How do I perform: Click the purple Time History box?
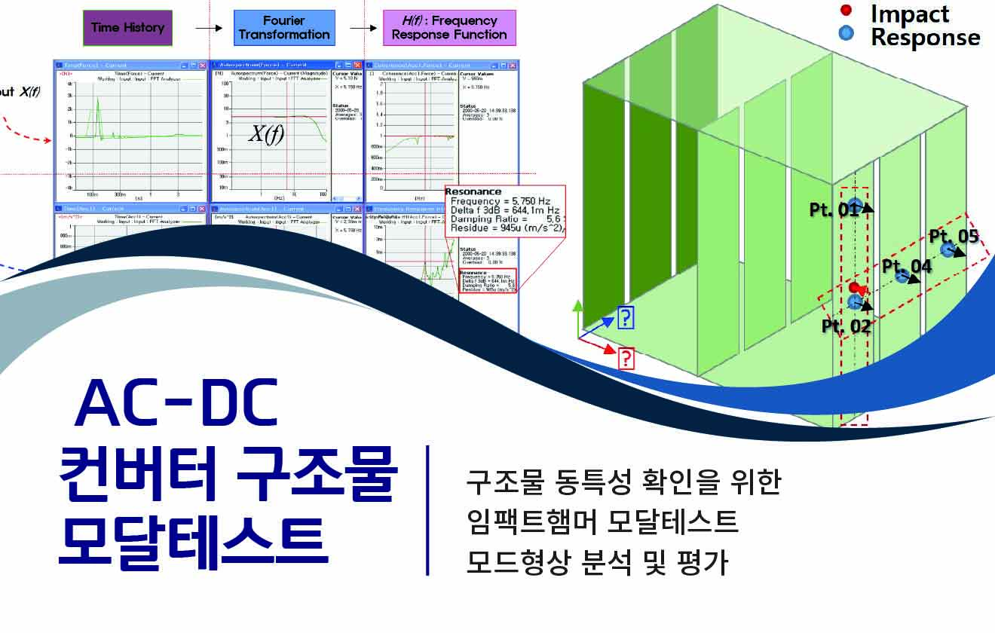tap(127, 28)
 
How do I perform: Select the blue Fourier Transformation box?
tap(284, 28)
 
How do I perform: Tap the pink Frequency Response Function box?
tap(449, 28)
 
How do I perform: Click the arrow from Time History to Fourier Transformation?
tap(209, 28)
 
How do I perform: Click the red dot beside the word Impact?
tap(846, 11)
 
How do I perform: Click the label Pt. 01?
tap(833, 209)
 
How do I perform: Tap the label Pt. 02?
tap(846, 326)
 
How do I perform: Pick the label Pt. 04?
tap(907, 266)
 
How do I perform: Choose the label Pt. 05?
tap(954, 236)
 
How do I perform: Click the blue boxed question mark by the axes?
tap(626, 318)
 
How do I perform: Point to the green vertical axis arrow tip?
tap(578, 304)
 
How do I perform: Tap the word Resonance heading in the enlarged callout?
tap(473, 191)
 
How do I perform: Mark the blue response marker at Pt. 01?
tap(854, 204)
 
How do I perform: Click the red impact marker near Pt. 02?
tap(855, 288)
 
